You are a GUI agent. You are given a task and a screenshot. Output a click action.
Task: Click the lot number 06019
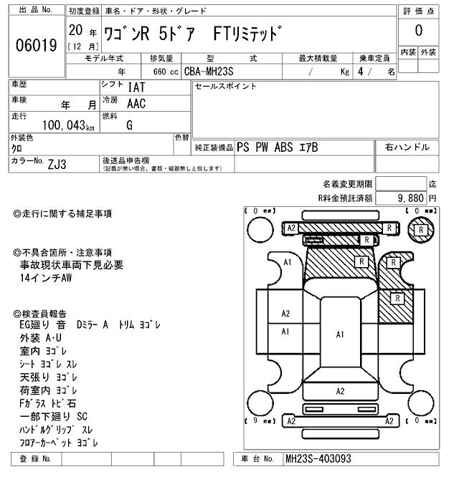[x=36, y=46]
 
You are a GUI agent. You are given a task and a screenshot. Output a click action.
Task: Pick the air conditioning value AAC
[x=136, y=103]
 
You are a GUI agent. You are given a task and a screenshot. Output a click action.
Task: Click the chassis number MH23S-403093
[x=318, y=458]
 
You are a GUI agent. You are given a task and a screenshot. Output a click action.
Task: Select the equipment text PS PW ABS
[x=267, y=148]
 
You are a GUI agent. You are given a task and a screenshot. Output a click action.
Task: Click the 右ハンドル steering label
[x=407, y=148]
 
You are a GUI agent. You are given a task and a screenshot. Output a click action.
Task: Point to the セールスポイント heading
[x=226, y=86]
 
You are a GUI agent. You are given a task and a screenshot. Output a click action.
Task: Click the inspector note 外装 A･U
[x=41, y=337]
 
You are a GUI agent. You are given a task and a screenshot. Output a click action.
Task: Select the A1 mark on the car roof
[x=340, y=334]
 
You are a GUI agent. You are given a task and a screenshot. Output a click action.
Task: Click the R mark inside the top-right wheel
[x=421, y=228]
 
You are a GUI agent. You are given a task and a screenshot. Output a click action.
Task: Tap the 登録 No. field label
[x=36, y=458]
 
